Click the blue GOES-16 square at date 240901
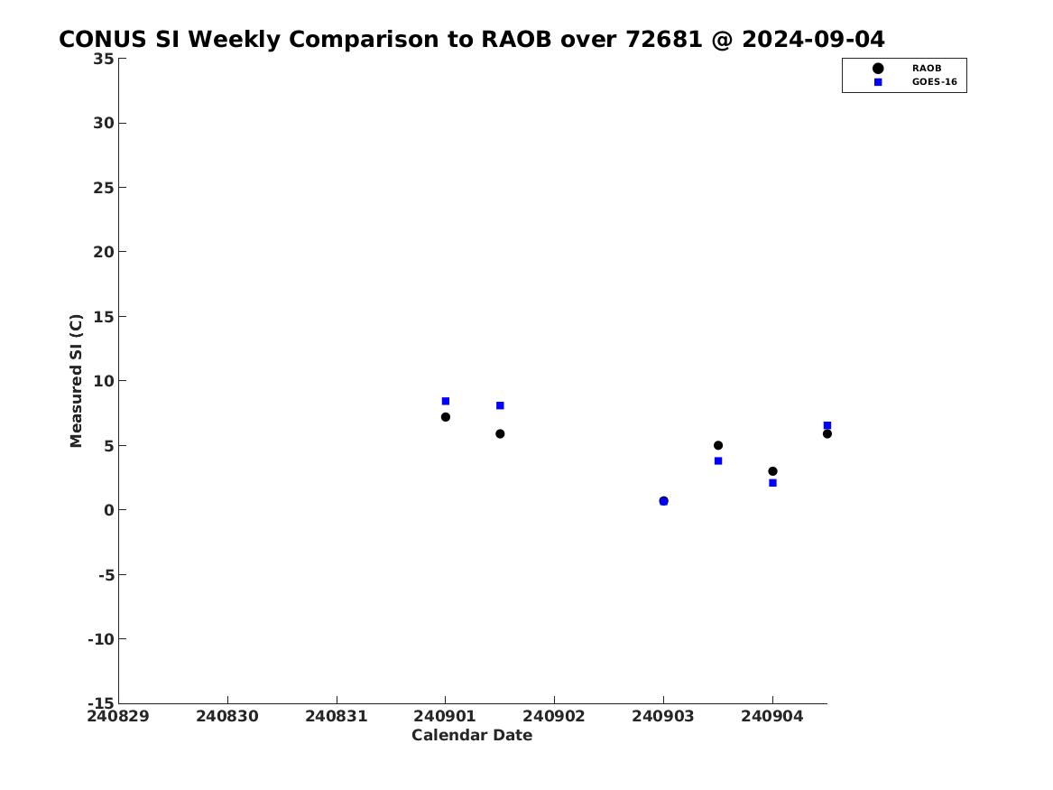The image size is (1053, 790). point(445,401)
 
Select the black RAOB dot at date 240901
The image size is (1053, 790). point(445,417)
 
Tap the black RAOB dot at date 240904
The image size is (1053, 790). point(772,471)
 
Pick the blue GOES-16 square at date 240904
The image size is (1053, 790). point(772,483)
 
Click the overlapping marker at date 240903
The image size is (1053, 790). point(663,501)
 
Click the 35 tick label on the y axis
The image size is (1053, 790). point(104,59)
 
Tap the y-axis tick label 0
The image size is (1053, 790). point(109,510)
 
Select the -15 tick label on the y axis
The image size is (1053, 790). point(101,703)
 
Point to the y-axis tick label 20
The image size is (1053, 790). point(104,252)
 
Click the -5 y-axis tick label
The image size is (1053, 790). point(106,575)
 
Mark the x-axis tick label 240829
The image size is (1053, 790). point(118,717)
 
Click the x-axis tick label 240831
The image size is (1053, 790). point(337,717)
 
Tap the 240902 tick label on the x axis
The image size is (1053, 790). point(554,717)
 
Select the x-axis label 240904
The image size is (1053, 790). point(772,717)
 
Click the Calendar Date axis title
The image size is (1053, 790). point(472,736)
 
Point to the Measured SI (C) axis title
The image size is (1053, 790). point(76,381)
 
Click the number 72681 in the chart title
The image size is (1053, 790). point(664,40)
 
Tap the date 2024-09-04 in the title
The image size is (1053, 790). point(813,40)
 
